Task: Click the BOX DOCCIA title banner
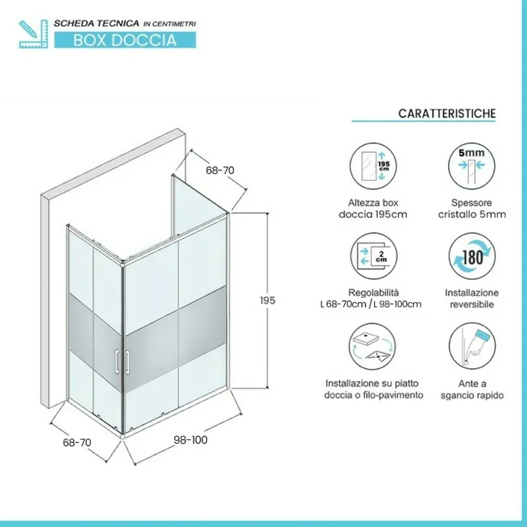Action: (x=125, y=40)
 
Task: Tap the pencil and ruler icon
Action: (x=34, y=34)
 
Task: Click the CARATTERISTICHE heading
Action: (x=447, y=113)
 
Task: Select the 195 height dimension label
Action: (x=267, y=300)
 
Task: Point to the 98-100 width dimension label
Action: (x=190, y=439)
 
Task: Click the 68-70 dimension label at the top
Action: (x=220, y=171)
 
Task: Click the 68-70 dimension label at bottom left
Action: (x=77, y=442)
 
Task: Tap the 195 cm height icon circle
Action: (x=373, y=166)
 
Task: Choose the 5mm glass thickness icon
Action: (x=472, y=166)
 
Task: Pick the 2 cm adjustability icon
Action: (x=374, y=256)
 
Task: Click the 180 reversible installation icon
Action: (x=472, y=256)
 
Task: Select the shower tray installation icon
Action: (x=372, y=347)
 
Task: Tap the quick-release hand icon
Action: (x=472, y=347)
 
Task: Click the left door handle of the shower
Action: (x=117, y=361)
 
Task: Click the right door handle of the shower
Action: (x=127, y=362)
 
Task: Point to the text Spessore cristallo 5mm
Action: (x=472, y=208)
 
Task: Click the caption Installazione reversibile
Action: (x=472, y=298)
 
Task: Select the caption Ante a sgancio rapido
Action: (x=472, y=389)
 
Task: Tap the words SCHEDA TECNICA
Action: (x=96, y=24)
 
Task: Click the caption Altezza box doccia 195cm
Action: (x=373, y=208)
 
